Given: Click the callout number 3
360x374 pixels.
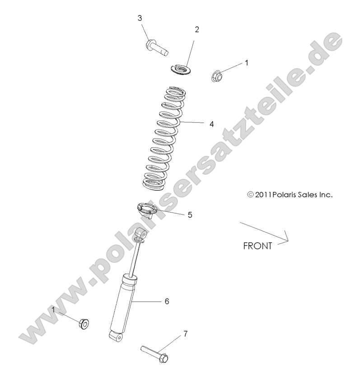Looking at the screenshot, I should point(140,18).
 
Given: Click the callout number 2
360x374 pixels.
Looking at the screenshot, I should point(196,29).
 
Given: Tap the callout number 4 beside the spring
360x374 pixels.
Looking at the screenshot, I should point(211,123).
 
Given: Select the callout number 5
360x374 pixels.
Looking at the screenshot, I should point(190,215).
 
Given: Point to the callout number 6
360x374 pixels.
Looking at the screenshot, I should point(167,301).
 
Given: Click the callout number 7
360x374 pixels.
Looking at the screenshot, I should point(185,334).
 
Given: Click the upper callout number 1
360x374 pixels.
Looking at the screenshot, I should point(247,63).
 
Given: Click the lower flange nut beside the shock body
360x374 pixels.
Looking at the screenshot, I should point(84,323).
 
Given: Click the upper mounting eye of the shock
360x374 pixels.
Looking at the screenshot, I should point(142,234).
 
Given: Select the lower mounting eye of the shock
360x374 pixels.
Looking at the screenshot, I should point(116,336).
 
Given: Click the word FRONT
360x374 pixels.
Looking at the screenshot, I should point(257,246).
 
